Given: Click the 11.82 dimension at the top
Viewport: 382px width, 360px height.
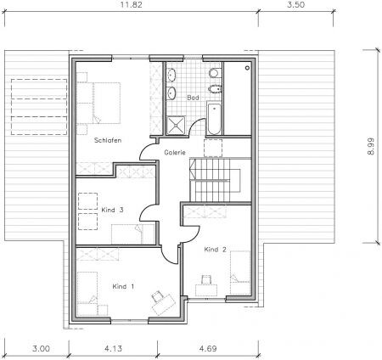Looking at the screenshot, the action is click(132, 5).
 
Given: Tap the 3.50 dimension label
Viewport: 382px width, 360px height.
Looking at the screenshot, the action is click(296, 5).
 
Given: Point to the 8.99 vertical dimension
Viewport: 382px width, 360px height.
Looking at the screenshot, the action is click(370, 146).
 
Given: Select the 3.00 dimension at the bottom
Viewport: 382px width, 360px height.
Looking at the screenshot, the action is click(41, 348).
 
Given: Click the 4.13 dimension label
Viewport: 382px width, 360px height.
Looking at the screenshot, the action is click(113, 348).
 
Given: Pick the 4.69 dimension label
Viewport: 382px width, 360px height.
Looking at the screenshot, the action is click(208, 348).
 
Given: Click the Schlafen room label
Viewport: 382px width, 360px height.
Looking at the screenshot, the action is click(108, 140).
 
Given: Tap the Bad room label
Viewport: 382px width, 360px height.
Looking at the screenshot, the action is click(193, 98).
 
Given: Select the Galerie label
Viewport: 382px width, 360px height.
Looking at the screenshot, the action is click(175, 153).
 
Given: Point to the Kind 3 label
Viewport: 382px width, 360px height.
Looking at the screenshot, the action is click(112, 210).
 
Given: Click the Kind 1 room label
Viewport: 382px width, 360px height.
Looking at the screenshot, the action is click(123, 286).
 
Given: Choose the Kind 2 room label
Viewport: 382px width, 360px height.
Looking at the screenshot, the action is click(216, 250).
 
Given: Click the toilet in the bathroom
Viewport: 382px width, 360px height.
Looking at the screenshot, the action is click(215, 73).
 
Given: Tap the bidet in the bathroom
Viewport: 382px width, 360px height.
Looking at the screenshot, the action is click(215, 89).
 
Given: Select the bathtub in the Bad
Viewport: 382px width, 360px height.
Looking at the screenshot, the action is click(214, 118).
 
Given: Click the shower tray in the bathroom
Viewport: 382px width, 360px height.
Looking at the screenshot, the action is click(176, 125).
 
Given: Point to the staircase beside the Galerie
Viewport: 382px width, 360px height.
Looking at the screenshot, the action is click(215, 180).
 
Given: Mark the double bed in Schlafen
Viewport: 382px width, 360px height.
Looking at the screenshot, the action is click(98, 103).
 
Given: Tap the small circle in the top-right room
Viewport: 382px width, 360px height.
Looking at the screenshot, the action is click(248, 68).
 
